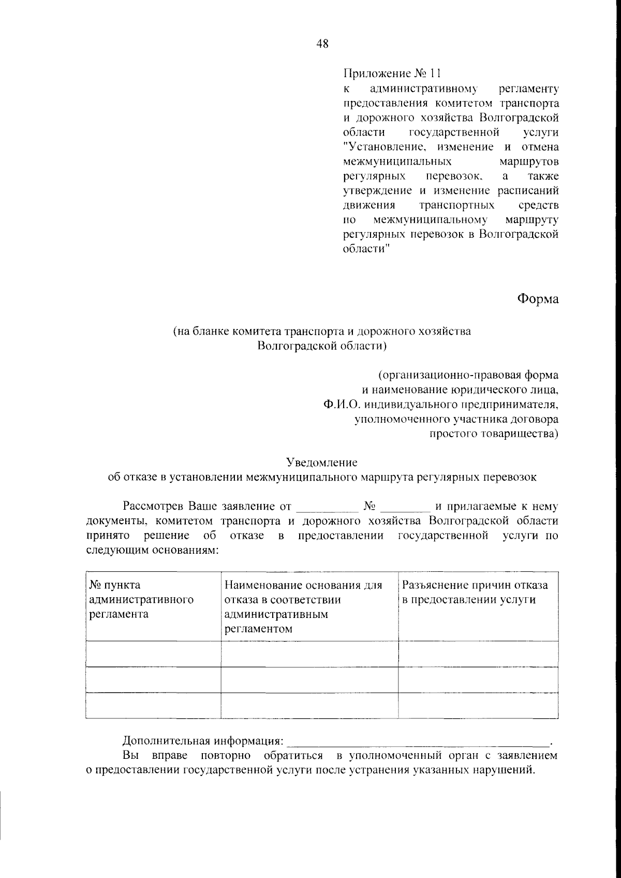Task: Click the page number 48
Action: tap(322, 44)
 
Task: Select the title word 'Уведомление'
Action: tap(322, 461)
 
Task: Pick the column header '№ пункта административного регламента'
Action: tap(141, 599)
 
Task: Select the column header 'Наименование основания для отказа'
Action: tap(303, 607)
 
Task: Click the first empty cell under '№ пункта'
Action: tap(153, 654)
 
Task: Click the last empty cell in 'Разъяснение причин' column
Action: tap(478, 706)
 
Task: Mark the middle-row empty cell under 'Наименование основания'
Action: tap(309, 680)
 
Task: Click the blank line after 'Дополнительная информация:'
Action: tap(419, 739)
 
